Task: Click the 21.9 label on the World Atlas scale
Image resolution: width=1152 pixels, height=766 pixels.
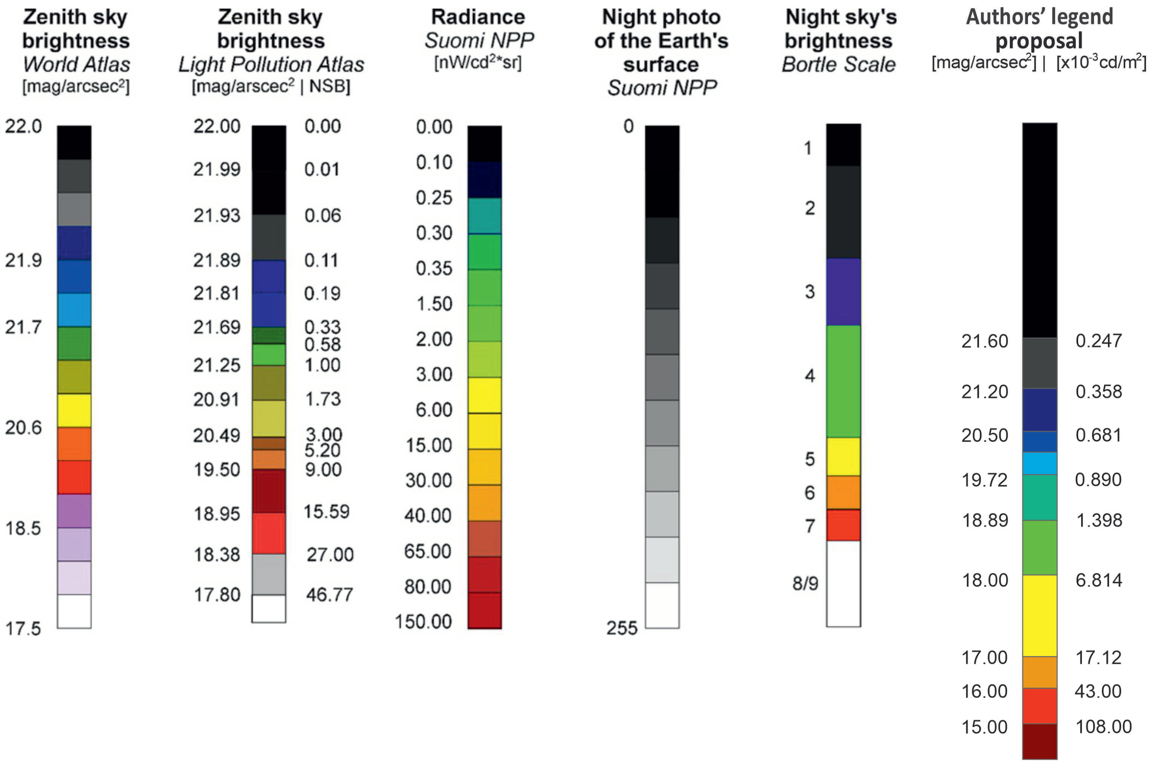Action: click(23, 260)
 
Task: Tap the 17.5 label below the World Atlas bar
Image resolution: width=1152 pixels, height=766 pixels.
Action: click(23, 628)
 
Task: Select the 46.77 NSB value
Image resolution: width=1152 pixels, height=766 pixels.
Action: click(329, 594)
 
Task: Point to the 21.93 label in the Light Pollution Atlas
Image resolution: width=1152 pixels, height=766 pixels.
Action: click(217, 215)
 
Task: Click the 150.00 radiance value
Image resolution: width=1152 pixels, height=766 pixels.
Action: click(423, 622)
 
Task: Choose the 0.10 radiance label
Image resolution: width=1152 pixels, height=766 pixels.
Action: click(434, 162)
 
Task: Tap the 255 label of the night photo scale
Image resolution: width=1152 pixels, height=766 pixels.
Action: click(622, 628)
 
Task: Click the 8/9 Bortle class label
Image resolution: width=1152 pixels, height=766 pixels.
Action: click(805, 583)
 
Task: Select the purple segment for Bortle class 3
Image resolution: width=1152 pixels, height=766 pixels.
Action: click(843, 292)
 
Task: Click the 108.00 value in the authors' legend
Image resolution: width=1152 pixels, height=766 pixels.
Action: click(1103, 726)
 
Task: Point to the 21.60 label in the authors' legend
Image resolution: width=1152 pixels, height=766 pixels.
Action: click(985, 341)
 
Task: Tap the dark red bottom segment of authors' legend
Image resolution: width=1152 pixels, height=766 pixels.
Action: click(1040, 741)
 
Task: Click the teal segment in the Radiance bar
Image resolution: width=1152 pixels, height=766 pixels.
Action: click(484, 216)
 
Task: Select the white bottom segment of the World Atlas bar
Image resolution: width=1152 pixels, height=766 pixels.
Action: click(74, 611)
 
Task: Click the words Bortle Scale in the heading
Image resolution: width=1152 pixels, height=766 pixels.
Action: click(839, 65)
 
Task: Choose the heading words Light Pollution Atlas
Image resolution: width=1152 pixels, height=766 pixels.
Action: click(271, 65)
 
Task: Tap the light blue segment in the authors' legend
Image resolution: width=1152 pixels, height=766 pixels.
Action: click(1040, 464)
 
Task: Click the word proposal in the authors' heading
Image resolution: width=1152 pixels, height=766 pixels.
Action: click(1039, 40)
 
